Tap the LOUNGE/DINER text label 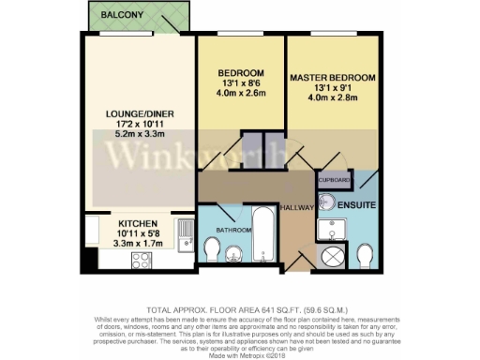click(138, 114)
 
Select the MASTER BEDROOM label click(333, 76)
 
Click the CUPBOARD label click(334, 179)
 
